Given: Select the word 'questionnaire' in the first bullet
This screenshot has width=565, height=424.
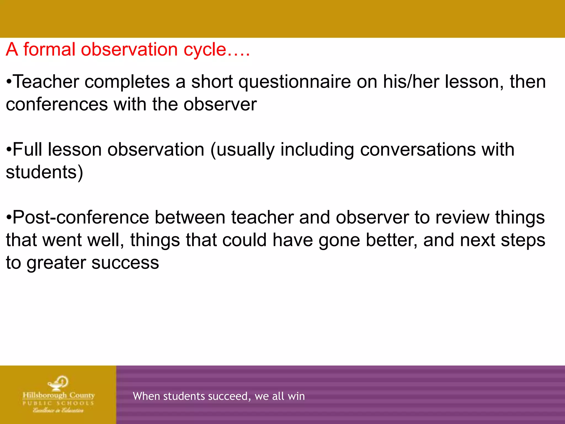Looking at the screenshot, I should tap(295, 82).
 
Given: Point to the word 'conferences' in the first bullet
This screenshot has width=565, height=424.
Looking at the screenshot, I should tap(57, 105).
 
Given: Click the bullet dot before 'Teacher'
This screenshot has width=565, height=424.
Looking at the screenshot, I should tap(9, 82).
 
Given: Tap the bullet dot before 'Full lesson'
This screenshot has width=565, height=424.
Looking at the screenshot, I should tap(9, 150).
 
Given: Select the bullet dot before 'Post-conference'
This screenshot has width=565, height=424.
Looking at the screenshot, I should tap(9, 218).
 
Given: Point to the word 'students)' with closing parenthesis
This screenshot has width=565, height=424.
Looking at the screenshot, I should tap(44, 173).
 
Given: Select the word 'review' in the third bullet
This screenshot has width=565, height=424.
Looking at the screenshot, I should tap(462, 218).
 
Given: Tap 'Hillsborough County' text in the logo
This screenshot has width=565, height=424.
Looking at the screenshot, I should tap(58, 395).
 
